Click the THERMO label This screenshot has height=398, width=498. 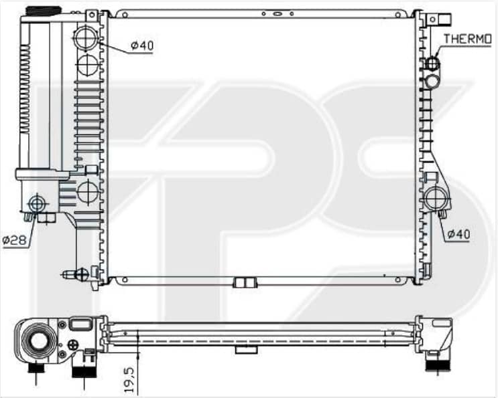point(467,39)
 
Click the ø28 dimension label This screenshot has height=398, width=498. point(15,240)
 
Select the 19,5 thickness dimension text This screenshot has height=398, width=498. point(129,380)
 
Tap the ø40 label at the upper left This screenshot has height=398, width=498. point(142,46)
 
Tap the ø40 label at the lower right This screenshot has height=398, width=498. point(458,235)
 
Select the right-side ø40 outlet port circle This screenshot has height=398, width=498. point(437,199)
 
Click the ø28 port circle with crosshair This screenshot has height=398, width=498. point(37,203)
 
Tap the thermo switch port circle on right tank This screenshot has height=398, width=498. point(432,63)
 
